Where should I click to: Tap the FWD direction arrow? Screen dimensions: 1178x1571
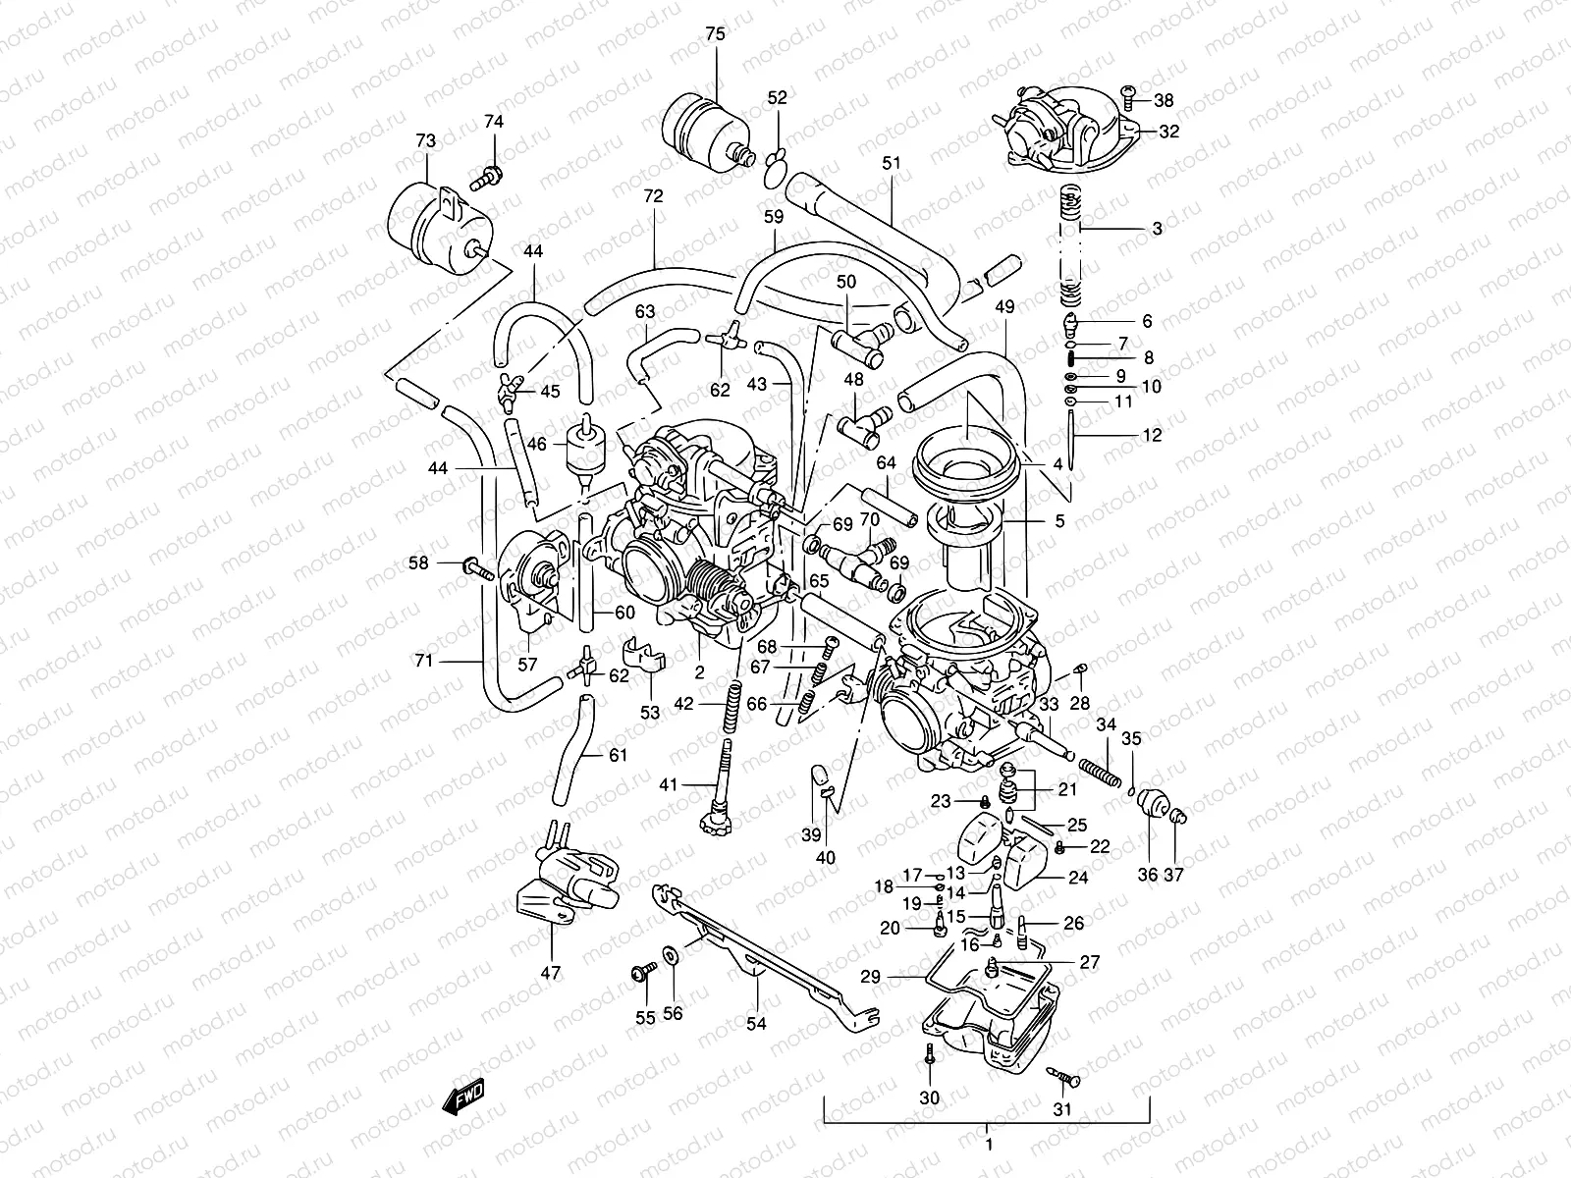pyautogui.click(x=462, y=1098)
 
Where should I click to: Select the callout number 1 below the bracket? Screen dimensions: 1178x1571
pyautogui.click(x=989, y=1145)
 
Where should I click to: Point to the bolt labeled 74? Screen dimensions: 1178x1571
pyautogui.click(x=488, y=180)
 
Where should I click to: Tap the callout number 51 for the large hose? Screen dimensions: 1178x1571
pyautogui.click(x=891, y=163)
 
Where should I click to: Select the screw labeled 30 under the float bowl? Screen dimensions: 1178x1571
pyautogui.click(x=928, y=1055)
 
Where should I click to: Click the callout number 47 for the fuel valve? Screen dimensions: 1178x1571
pyautogui.click(x=550, y=973)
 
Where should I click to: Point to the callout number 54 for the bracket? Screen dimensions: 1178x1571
pyautogui.click(x=755, y=1024)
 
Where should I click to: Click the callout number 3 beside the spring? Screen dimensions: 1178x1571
pyautogui.click(x=1157, y=229)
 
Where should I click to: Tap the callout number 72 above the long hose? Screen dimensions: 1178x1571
pyautogui.click(x=653, y=196)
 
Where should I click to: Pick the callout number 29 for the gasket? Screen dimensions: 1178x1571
pyautogui.click(x=870, y=978)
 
